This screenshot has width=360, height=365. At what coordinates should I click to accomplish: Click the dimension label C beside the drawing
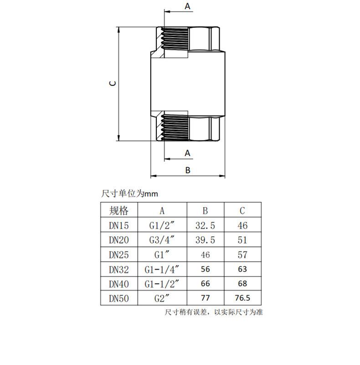point(113,83)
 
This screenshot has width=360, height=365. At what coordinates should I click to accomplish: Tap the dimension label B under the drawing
point(188,170)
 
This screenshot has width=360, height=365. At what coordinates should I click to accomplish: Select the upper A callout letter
point(187,6)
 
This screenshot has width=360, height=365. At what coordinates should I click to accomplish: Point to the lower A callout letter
point(187,153)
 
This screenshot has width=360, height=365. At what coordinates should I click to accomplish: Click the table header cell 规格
point(119,210)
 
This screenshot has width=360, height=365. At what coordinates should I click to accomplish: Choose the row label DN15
point(118,225)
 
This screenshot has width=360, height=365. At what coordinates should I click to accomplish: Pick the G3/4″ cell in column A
point(162,240)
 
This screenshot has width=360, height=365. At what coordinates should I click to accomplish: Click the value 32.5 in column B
point(205,225)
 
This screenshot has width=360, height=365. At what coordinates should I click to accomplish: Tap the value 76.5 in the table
point(242,298)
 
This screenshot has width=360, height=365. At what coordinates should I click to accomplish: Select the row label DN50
point(118,298)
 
